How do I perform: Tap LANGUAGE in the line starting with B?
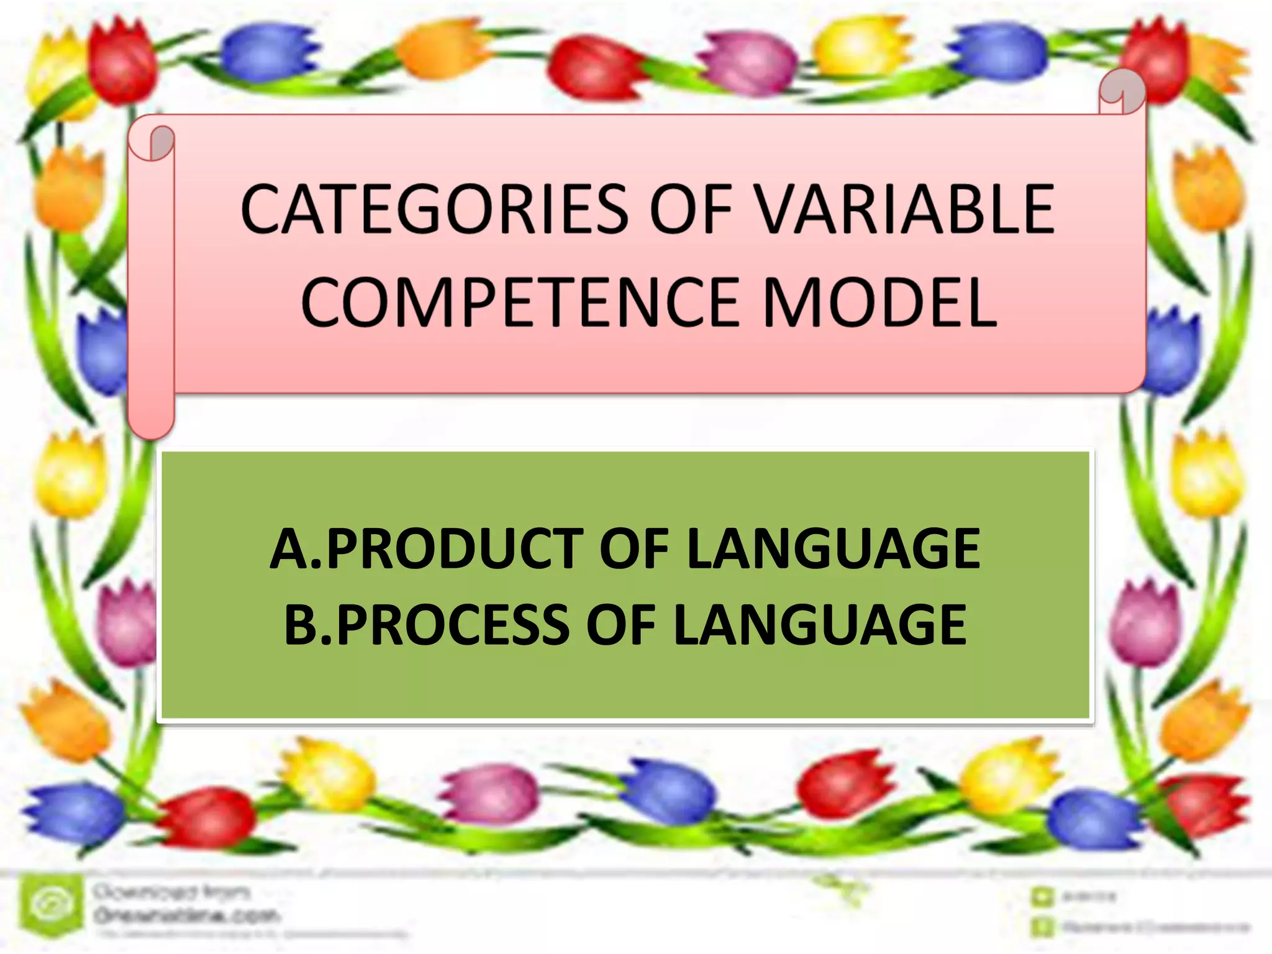pos(820,624)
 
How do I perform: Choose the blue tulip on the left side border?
pos(106,352)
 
